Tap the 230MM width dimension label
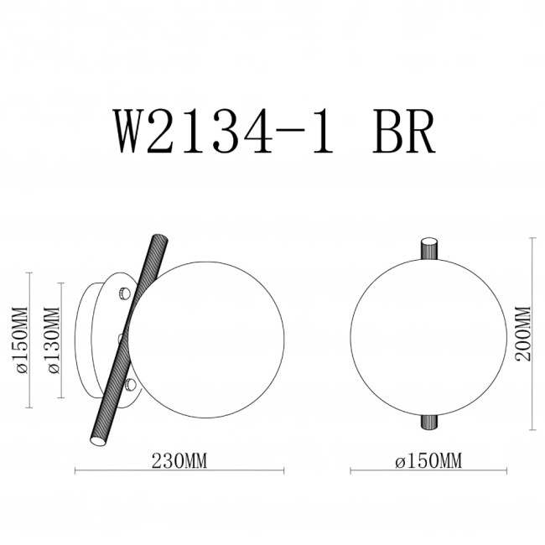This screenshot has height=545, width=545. pos(179,460)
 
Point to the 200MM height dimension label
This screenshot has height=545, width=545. pos(523,333)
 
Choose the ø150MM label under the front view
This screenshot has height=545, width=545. pos(428,460)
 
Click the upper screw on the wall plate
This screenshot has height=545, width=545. pos(124,293)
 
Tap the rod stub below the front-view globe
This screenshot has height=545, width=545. pos(428,422)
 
